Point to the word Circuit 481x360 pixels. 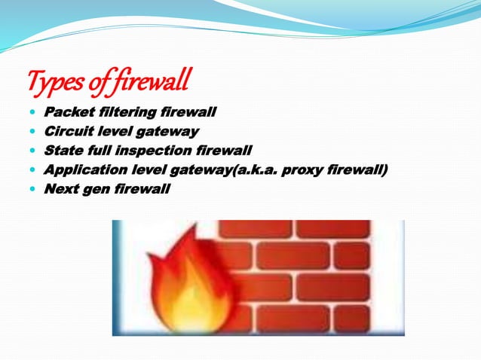69,132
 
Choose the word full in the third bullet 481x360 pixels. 100,151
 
